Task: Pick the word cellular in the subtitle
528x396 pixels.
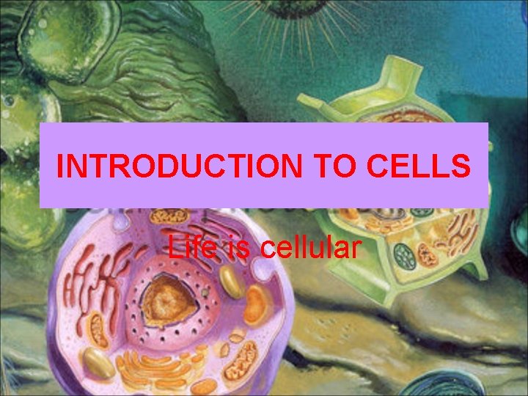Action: (309, 247)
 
